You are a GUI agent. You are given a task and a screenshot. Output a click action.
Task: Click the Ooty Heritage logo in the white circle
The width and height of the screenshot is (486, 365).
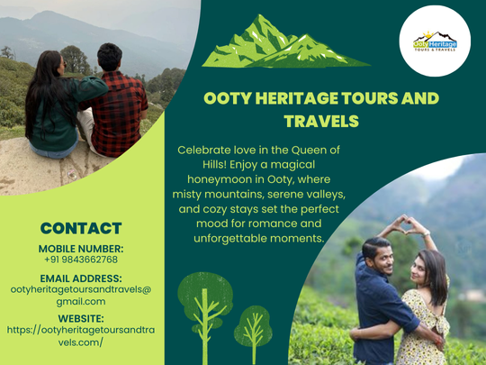[435, 41]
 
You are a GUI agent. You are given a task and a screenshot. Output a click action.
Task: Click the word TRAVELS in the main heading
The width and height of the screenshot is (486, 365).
[321, 120]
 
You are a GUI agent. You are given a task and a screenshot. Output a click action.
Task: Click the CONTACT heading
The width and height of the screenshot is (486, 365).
[81, 228]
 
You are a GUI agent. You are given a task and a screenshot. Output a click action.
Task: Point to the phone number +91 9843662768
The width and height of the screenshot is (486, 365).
[81, 259]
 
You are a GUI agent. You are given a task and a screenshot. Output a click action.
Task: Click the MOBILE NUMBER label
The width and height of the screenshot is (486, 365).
[81, 248]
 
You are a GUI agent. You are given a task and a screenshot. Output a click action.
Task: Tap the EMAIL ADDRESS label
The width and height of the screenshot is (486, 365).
[81, 278]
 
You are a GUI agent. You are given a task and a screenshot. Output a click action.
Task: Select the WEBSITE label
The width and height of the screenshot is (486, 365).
[81, 318]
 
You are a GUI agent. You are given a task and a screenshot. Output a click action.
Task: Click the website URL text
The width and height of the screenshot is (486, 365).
[81, 336]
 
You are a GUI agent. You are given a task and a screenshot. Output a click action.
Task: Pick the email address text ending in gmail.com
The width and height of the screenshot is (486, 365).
[81, 296]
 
